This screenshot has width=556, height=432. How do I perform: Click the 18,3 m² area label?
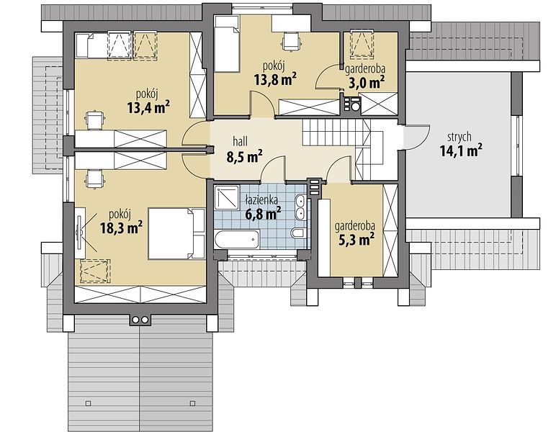click(x=122, y=228)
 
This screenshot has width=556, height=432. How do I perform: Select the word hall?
click(x=241, y=141)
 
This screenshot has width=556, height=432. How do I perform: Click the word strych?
click(x=459, y=137)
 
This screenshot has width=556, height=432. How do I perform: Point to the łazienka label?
click(x=261, y=201)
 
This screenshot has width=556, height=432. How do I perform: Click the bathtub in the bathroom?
click(x=237, y=239)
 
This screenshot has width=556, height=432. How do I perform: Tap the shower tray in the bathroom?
click(x=227, y=198)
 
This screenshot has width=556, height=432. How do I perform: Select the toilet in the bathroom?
click(x=297, y=233)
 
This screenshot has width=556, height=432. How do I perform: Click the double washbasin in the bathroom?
click(x=301, y=207)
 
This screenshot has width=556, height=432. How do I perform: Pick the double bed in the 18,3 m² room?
click(x=176, y=233)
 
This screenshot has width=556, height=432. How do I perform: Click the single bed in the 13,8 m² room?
click(x=228, y=48)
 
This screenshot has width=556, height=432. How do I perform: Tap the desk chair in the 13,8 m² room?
click(x=292, y=41)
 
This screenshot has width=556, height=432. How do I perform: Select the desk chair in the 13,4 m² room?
click(x=94, y=120)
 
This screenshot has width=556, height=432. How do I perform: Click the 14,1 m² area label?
click(x=461, y=150)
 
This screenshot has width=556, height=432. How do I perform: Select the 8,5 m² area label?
click(x=244, y=156)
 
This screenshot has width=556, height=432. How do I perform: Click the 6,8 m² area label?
click(x=263, y=214)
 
